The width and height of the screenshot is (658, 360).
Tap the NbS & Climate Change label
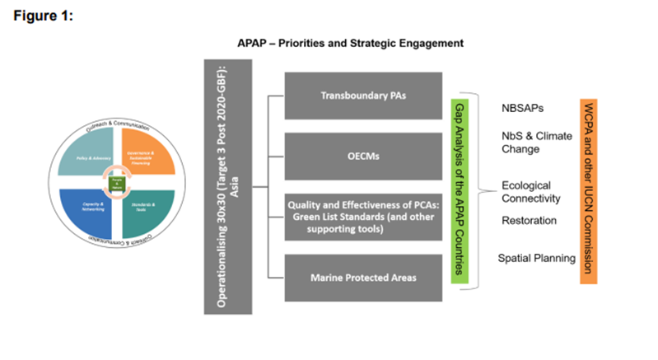coord(535,143)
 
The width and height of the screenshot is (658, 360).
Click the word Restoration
coord(529,221)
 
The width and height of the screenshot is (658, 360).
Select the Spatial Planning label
coord(536,259)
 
